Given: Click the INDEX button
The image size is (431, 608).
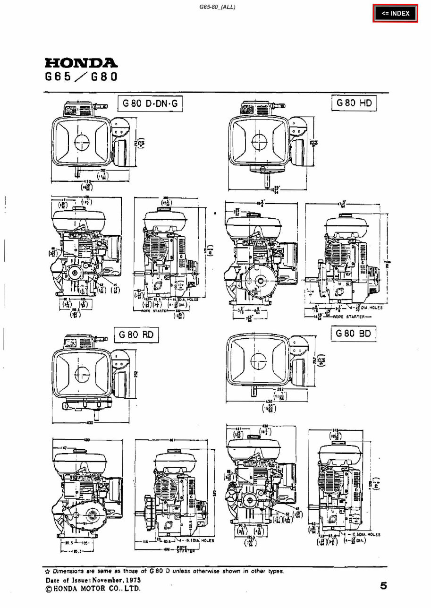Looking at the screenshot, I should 396,14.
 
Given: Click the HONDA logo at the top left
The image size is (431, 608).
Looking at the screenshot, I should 81,63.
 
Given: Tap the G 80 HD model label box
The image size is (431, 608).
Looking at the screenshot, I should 354,103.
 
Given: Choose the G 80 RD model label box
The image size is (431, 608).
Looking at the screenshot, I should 136,335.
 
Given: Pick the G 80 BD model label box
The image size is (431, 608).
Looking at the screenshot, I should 354,334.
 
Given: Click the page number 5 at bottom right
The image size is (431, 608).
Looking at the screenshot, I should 383,586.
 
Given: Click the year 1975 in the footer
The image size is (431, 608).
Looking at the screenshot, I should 131,580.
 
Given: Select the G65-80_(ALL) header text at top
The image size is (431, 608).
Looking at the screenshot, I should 218,6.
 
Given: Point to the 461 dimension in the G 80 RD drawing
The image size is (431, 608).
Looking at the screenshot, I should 172,440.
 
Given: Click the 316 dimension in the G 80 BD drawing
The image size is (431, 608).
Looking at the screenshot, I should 335,430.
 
